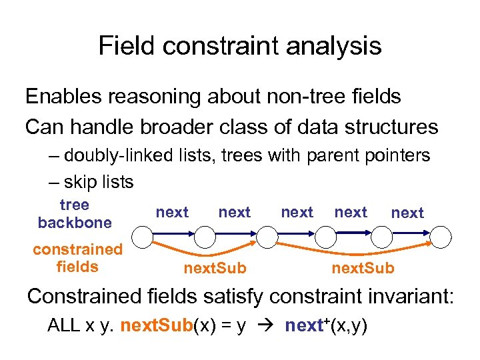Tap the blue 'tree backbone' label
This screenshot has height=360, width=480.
coord(74,213)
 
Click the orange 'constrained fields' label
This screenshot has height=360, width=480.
coord(78,258)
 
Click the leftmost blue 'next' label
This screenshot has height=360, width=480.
coord(172,212)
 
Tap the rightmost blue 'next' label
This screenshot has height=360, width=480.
coord(407,213)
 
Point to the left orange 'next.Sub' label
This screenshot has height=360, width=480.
coord(215,268)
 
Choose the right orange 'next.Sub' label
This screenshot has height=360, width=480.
coord(363,268)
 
